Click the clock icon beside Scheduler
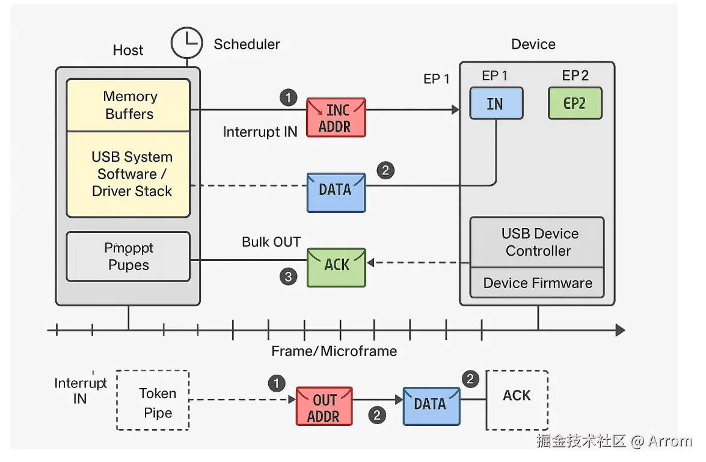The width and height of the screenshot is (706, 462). click(187, 43)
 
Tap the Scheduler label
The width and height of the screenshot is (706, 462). click(247, 45)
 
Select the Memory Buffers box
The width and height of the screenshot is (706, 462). click(128, 105)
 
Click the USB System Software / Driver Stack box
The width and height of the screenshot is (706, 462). click(128, 174)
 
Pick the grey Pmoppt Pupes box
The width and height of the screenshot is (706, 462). click(128, 257)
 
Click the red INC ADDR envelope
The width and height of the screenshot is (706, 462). click(336, 118)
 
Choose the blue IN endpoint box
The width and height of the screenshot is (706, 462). click(496, 103)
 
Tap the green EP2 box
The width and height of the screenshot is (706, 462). click(575, 103)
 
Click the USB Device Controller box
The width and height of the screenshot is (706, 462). click(537, 242)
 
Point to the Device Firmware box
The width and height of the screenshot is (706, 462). click(537, 283)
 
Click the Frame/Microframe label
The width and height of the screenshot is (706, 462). click(334, 351)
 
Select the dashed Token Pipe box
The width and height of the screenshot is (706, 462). click(153, 400)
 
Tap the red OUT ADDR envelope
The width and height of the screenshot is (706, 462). click(324, 407)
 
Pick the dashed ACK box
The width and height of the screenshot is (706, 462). click(517, 399)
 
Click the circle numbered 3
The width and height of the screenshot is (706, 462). click(289, 277)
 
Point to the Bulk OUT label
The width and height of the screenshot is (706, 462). click(271, 242)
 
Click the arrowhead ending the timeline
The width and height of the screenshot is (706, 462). click(619, 330)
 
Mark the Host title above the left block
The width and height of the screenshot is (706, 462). click(128, 50)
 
